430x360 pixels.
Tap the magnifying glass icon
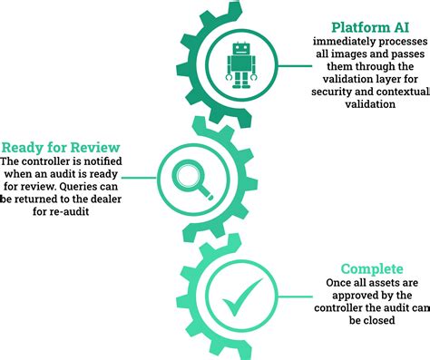pos(195,172)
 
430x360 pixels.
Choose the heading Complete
pos(371,268)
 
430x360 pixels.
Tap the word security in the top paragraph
pos(336,92)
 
